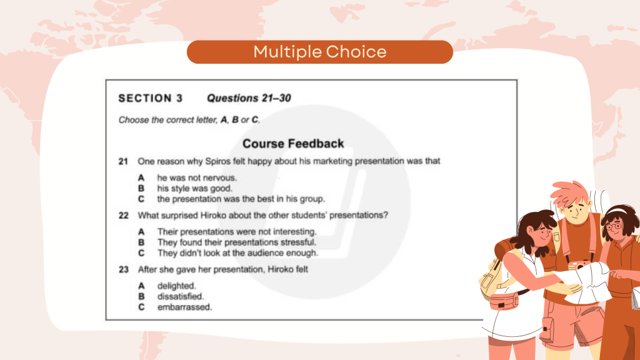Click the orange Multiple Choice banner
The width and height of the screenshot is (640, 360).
click(320, 52)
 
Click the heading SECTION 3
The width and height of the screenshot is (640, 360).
click(151, 98)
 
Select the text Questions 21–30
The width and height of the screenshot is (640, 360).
click(249, 98)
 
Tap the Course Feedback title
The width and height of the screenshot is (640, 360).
click(293, 144)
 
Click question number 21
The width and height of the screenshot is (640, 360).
click(123, 162)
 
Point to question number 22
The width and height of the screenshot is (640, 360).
click(124, 216)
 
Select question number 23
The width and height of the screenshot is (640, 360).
click(124, 269)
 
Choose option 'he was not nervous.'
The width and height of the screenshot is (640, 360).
click(197, 178)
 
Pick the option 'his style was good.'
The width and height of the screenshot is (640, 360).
click(195, 189)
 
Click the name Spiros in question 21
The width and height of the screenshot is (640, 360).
click(217, 162)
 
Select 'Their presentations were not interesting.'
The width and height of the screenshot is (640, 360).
click(237, 232)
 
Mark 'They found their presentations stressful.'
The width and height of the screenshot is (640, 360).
click(237, 242)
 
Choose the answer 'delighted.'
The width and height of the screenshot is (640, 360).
click(177, 286)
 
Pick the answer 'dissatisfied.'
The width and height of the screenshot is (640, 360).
click(181, 296)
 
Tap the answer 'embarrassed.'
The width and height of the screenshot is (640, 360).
click(184, 307)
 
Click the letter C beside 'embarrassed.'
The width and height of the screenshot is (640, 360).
click(141, 307)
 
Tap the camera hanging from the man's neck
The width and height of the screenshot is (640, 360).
click(579, 266)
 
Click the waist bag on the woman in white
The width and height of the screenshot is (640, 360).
click(504, 302)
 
